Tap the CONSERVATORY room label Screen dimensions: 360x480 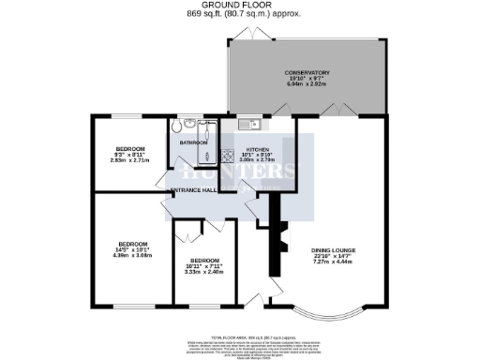pos(307,72)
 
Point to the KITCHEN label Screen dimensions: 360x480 pos(258,149)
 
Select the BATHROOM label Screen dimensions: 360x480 pos(194,142)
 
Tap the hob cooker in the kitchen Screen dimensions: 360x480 pos(227,157)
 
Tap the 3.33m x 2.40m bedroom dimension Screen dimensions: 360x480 pos(204,273)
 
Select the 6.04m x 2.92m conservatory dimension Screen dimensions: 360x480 pos(307,85)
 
